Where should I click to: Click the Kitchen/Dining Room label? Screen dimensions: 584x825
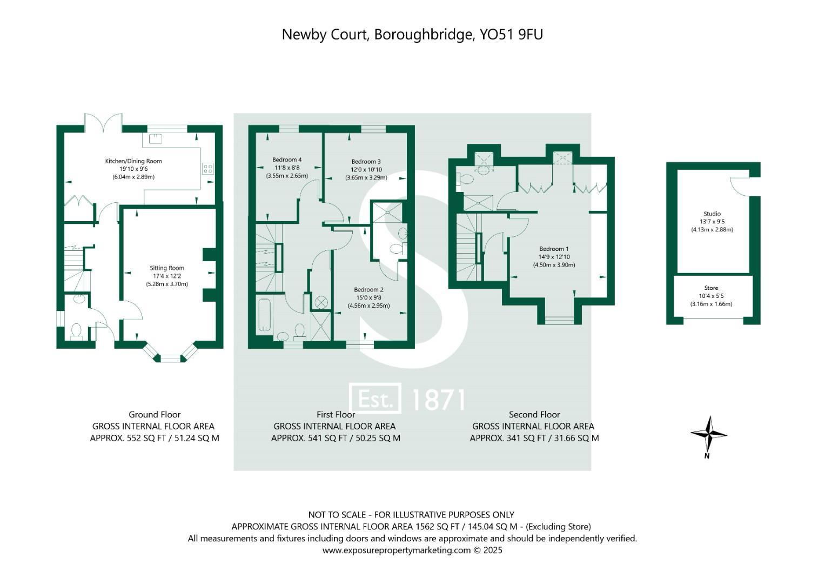click(x=133, y=161)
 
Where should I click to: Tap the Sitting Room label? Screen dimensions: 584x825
click(x=167, y=268)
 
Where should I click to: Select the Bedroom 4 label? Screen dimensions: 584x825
click(x=287, y=160)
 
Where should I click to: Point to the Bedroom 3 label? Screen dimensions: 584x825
click(x=366, y=162)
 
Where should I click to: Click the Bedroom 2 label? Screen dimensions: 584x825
click(x=368, y=290)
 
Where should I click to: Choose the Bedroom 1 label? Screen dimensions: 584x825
click(x=554, y=249)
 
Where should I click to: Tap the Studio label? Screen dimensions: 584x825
click(x=712, y=214)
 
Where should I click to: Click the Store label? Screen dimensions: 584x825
click(x=711, y=288)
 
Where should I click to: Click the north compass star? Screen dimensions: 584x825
click(x=708, y=434)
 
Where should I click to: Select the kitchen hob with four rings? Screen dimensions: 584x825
click(x=207, y=168)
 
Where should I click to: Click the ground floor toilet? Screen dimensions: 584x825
click(x=76, y=330)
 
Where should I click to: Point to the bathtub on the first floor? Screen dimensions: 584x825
click(x=264, y=315)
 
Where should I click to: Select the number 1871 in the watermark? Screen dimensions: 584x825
click(x=438, y=400)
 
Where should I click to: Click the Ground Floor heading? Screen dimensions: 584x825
click(x=155, y=415)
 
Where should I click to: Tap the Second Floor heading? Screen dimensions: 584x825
click(x=534, y=415)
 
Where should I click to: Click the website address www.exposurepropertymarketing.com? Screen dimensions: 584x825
click(x=397, y=550)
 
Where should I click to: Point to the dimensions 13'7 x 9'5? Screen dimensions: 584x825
click(x=712, y=222)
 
